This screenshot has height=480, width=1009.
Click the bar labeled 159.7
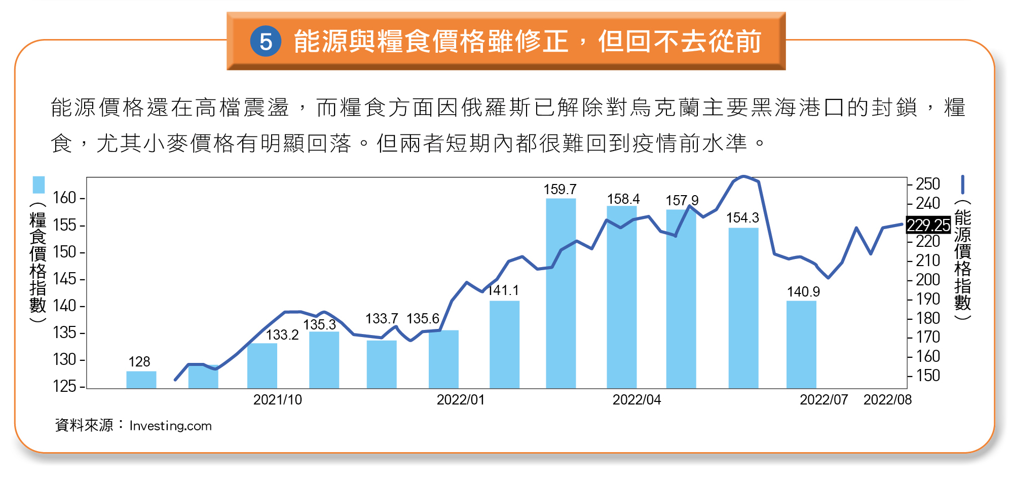click(x=560, y=294)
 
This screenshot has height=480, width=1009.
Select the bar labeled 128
click(x=141, y=380)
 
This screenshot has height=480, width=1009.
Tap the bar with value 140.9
click(x=801, y=345)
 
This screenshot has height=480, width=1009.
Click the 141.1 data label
click(x=503, y=290)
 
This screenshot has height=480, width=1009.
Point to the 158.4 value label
click(x=623, y=199)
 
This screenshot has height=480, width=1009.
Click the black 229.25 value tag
click(x=928, y=225)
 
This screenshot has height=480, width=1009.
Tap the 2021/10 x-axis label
click(x=277, y=400)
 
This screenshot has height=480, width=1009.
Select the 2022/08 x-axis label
click(x=887, y=400)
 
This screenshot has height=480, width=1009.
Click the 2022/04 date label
click(x=637, y=400)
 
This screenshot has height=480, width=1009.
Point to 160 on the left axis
click(x=64, y=198)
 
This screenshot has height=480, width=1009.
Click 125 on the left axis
click(x=64, y=386)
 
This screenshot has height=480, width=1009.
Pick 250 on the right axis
click(x=927, y=183)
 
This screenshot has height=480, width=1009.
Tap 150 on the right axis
click(x=927, y=376)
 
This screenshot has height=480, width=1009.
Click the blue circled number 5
click(x=266, y=41)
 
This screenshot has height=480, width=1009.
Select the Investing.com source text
click(x=170, y=426)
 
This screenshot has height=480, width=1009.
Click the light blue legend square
click(x=39, y=184)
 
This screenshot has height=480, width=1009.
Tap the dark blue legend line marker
click(x=962, y=184)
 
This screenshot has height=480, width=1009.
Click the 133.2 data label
click(x=282, y=335)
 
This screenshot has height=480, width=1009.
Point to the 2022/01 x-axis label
click(x=461, y=400)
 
